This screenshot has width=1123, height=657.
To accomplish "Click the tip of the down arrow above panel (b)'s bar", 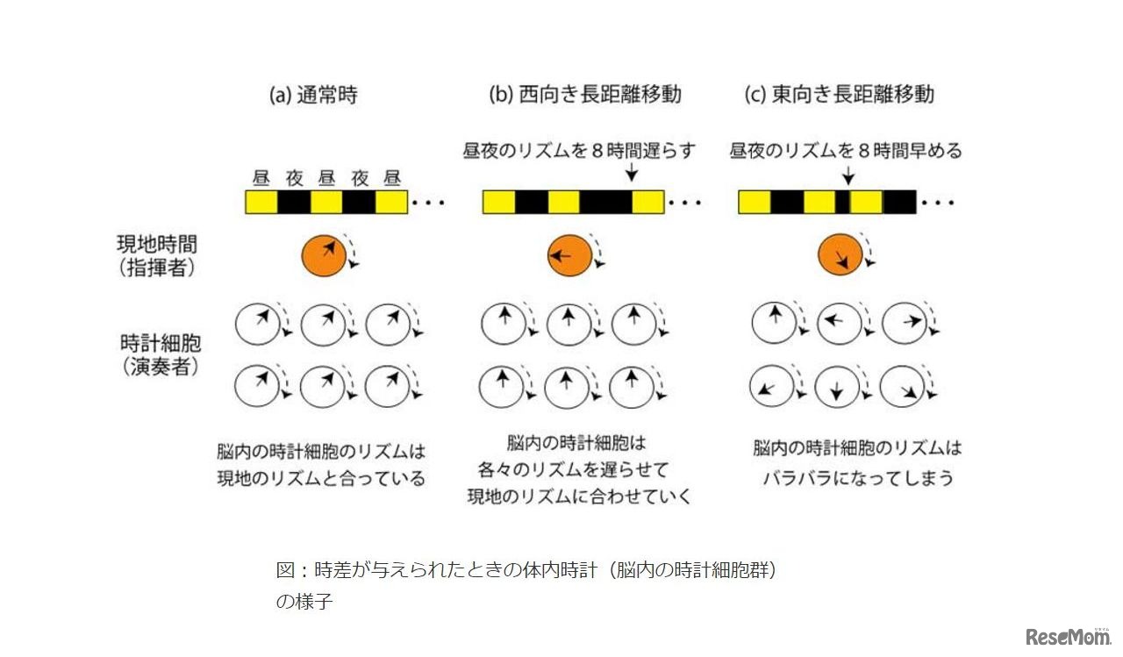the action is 632,182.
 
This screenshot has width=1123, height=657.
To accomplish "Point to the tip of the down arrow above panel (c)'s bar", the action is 848,184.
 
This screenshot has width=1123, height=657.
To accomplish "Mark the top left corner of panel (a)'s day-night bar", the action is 245,190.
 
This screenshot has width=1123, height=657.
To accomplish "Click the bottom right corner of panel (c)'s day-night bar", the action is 916,213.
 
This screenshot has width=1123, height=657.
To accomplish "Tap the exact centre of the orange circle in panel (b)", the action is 569,255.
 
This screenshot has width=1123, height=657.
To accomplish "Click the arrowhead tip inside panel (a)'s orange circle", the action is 334,243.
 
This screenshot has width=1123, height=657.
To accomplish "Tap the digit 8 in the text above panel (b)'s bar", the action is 597,150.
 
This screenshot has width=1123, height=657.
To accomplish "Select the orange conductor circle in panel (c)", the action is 840,255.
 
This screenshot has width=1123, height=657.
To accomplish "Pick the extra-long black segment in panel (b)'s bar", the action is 605,203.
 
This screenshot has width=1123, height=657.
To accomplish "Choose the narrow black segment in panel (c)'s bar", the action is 843,203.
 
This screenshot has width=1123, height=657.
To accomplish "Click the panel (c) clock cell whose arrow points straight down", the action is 836,386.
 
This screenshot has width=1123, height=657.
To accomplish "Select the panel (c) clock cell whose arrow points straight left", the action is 839,324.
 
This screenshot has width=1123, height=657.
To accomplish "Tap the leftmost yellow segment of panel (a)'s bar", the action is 261,203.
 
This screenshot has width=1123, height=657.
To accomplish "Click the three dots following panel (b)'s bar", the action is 685,203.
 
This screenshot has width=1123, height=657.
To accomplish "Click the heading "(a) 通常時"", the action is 313,95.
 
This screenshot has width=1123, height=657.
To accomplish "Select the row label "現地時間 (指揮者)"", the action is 157,256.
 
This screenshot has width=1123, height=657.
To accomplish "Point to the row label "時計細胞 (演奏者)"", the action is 161,354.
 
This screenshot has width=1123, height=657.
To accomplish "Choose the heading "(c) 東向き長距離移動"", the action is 840,94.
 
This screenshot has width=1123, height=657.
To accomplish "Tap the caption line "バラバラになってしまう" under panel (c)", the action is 858,477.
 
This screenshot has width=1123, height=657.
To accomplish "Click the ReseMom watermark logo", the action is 1069,637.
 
